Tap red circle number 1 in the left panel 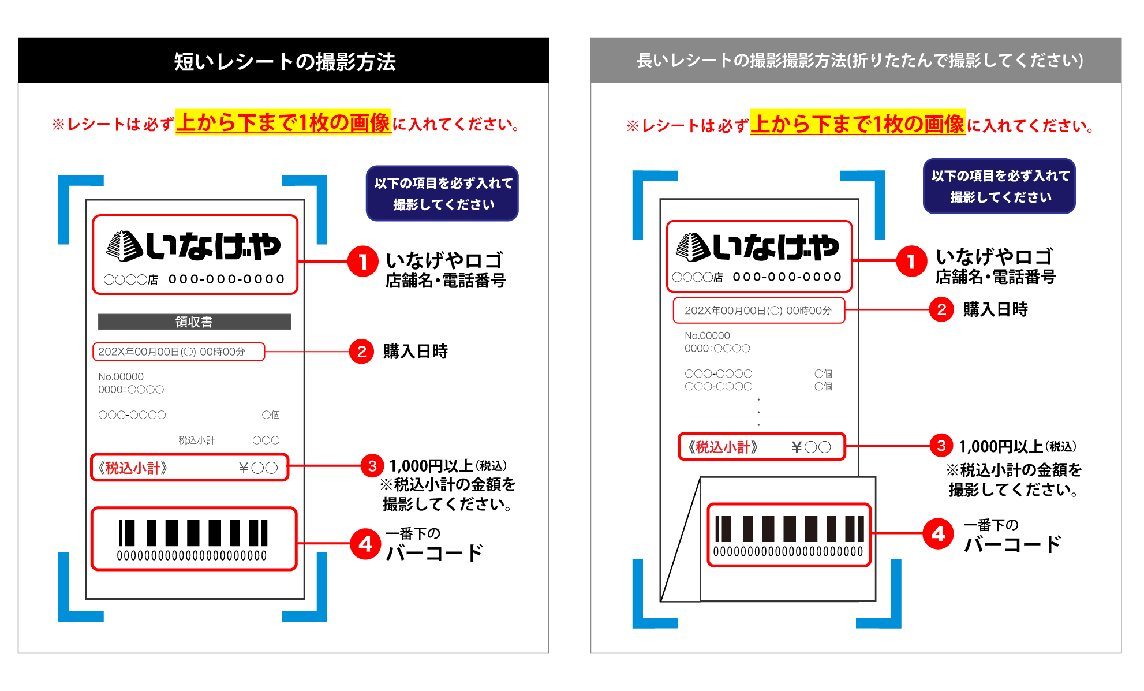[x=362, y=262]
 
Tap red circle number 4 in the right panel [x=938, y=533]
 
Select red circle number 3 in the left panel [x=372, y=466]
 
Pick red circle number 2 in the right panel [x=941, y=310]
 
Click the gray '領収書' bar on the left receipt [x=195, y=322]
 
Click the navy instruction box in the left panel [x=442, y=193]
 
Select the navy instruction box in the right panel [x=999, y=186]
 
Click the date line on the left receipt [x=171, y=352]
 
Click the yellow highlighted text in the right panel [x=858, y=123]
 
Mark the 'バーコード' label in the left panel [x=434, y=553]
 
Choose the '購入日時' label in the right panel [x=996, y=310]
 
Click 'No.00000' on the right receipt [x=707, y=335]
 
